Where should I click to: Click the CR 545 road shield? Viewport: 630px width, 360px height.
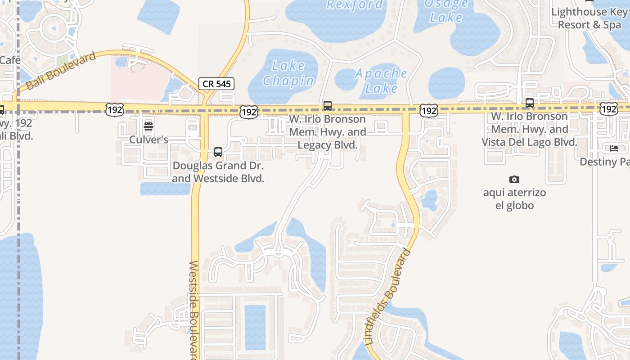tap(216, 83)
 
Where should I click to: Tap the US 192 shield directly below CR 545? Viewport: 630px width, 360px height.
tap(248, 112)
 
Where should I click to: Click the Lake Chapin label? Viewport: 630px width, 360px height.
tap(288, 73)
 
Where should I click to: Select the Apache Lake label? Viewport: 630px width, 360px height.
tap(381, 80)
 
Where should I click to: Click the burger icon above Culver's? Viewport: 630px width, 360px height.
tap(148, 126)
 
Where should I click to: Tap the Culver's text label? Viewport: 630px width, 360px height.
tap(148, 139)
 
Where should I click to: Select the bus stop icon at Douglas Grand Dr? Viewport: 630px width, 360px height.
tap(218, 152)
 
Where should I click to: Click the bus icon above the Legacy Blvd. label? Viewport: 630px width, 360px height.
tap(328, 106)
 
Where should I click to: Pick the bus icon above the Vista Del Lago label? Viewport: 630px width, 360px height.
tap(530, 103)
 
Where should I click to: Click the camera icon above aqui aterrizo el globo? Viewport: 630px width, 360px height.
tap(514, 180)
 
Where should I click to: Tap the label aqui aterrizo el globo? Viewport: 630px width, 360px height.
tap(514, 199)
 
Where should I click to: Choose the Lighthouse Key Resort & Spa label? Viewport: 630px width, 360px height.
tap(589, 18)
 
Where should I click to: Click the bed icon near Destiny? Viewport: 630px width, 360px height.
tap(614, 149)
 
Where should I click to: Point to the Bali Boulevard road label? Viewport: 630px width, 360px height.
tap(61, 71)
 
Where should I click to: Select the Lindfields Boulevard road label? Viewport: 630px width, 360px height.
tap(388, 297)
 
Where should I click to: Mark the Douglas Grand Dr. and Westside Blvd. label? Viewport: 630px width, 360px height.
tap(218, 172)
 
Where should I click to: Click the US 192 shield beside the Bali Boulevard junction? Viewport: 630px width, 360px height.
tap(114, 109)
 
